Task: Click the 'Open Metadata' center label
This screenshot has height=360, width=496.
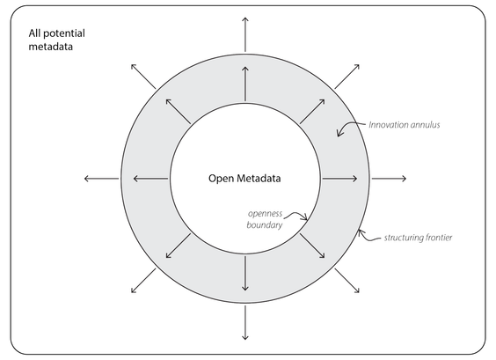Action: pyautogui.click(x=244, y=179)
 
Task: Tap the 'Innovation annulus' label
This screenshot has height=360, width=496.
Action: pyautogui.click(x=405, y=125)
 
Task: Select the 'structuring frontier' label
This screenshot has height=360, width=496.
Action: pyautogui.click(x=419, y=238)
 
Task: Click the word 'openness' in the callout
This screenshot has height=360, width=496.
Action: pyautogui.click(x=265, y=214)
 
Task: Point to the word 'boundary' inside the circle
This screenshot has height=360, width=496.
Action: pyautogui.click(x=265, y=225)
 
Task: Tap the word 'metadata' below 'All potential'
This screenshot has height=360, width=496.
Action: pyautogui.click(x=51, y=47)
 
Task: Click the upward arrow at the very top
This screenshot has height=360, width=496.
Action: pyautogui.click(x=244, y=34)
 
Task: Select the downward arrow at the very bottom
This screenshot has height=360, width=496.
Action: pyautogui.click(x=244, y=323)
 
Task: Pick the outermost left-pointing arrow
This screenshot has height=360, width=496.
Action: pyautogui.click(x=101, y=179)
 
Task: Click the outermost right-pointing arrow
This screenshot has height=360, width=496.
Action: pyautogui.click(x=389, y=179)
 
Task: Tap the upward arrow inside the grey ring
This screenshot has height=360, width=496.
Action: pyautogui.click(x=244, y=84)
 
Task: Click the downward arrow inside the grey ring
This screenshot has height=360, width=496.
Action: pyautogui.click(x=244, y=273)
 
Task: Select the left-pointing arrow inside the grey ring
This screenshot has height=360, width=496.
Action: pyautogui.click(x=150, y=179)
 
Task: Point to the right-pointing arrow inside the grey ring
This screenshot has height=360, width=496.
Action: pyautogui.click(x=339, y=179)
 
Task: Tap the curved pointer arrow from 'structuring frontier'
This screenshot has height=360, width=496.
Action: pyautogui.click(x=368, y=237)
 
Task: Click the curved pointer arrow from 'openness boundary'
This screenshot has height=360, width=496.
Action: pyautogui.click(x=296, y=215)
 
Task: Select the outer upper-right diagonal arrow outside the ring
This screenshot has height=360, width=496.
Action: pyautogui.click(x=347, y=77)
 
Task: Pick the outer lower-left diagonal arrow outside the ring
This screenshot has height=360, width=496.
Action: pyautogui.click(x=143, y=281)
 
